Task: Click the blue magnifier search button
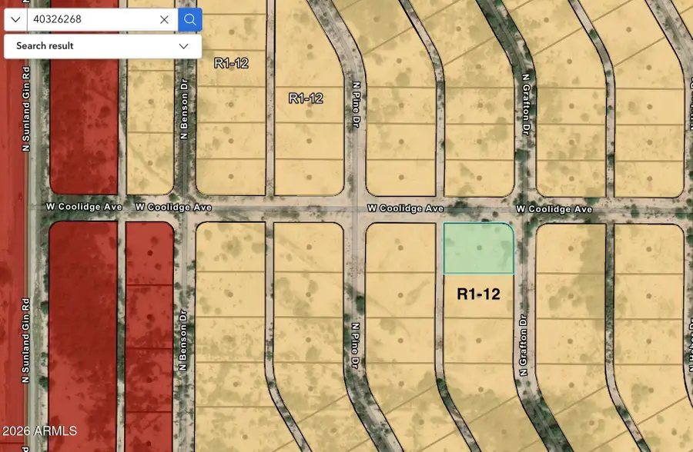(189, 19)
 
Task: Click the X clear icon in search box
(164, 19)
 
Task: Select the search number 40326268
(58, 19)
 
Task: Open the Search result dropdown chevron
(183, 46)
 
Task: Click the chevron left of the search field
(15, 19)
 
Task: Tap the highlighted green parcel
(478, 248)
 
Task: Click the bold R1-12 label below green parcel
(478, 294)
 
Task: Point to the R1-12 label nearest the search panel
(231, 64)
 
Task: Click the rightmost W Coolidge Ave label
(554, 209)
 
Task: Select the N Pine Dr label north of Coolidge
(357, 105)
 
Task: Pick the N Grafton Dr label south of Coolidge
(523, 345)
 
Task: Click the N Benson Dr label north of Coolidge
(185, 111)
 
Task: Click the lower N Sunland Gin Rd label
(25, 340)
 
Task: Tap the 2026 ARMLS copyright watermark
(40, 430)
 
